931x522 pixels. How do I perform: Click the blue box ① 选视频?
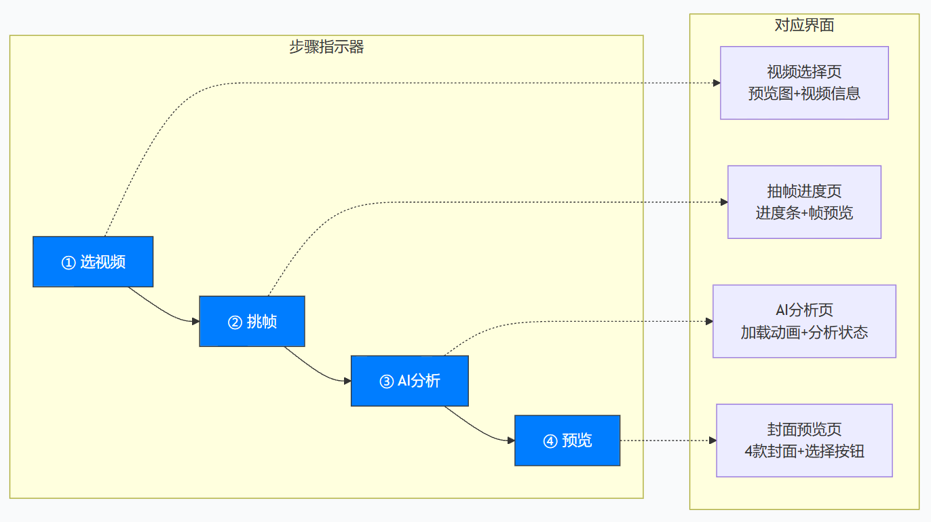[93, 261]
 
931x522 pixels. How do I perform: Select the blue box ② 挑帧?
[252, 321]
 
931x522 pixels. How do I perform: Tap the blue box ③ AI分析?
[410, 381]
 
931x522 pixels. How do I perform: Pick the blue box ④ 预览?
[567, 441]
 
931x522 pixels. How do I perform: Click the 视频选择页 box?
[804, 83]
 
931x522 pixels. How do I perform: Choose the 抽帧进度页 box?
[804, 202]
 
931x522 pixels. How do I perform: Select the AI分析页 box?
[804, 321]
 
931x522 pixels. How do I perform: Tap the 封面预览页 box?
[804, 441]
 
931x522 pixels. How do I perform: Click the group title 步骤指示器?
[326, 47]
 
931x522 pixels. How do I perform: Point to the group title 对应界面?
[804, 26]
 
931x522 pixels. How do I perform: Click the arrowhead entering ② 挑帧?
[195, 321]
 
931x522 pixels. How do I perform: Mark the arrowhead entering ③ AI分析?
[347, 381]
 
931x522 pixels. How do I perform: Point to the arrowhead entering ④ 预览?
[510, 441]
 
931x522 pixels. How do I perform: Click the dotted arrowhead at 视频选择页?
[717, 83]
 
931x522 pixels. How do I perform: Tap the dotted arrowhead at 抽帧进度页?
[724, 202]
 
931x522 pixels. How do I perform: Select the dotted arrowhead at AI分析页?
[709, 321]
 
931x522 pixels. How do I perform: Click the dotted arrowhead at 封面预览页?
[712, 441]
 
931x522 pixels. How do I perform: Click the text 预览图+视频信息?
[804, 94]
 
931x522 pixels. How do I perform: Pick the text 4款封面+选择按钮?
[804, 451]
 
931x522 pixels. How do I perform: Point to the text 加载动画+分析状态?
[804, 333]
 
